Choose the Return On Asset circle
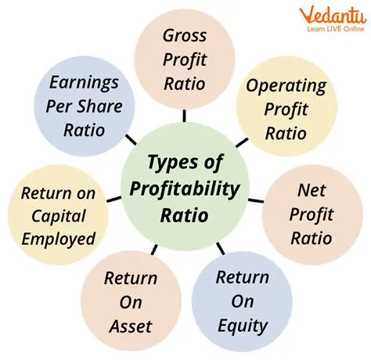point(130,301)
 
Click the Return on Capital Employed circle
point(59,215)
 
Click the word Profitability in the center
point(185,189)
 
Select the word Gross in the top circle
point(185,35)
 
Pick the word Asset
point(130,325)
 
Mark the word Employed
point(59,238)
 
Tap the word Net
point(311,190)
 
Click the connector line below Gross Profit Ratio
point(185,115)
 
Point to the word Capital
point(59,215)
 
